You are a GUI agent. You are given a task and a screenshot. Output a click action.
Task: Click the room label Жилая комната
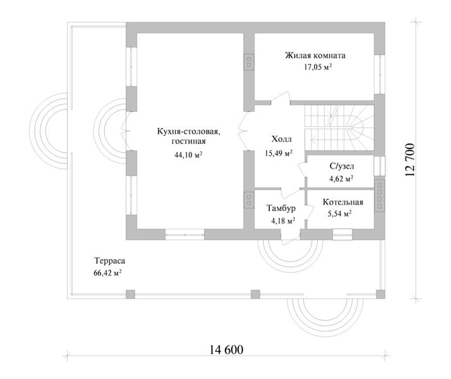pyautogui.click(x=315, y=55)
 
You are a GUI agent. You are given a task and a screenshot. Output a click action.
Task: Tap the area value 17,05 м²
pyautogui.click(x=318, y=67)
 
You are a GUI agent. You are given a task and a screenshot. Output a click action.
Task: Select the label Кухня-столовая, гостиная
pyautogui.click(x=189, y=136)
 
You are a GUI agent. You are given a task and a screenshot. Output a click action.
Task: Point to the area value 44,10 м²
pyautogui.click(x=188, y=155)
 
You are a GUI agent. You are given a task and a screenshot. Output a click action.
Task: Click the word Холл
pyautogui.click(x=282, y=139)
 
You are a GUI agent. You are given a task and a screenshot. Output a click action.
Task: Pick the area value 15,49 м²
pyautogui.click(x=279, y=153)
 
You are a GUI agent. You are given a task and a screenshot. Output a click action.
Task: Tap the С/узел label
pyautogui.click(x=342, y=166)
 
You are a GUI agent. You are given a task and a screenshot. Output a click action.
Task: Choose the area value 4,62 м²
pyautogui.click(x=342, y=179)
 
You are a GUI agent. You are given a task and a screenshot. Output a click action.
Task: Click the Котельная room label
pyautogui.click(x=343, y=202)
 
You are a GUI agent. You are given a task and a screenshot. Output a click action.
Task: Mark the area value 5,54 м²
pyautogui.click(x=340, y=214)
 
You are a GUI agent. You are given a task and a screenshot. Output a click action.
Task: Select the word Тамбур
pyautogui.click(x=281, y=208)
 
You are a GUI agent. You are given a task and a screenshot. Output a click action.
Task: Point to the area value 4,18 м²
pyautogui.click(x=284, y=221)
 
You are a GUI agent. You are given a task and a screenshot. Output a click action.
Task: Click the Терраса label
pyautogui.click(x=109, y=261)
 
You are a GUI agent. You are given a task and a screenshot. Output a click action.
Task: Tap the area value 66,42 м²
pyautogui.click(x=107, y=273)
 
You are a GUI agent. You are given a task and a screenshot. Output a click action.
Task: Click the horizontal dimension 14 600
pyautogui.click(x=226, y=350)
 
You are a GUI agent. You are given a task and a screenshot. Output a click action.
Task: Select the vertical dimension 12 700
pyautogui.click(x=410, y=160)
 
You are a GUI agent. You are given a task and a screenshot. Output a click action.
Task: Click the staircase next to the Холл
pyautogui.click(x=339, y=128)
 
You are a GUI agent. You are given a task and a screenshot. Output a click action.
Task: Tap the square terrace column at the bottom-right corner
pyautogui.click(x=380, y=294)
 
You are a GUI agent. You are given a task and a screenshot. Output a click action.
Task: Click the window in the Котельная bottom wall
pyautogui.click(x=342, y=234)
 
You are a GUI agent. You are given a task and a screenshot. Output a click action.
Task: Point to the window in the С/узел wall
pyautogui.click(x=380, y=166)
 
